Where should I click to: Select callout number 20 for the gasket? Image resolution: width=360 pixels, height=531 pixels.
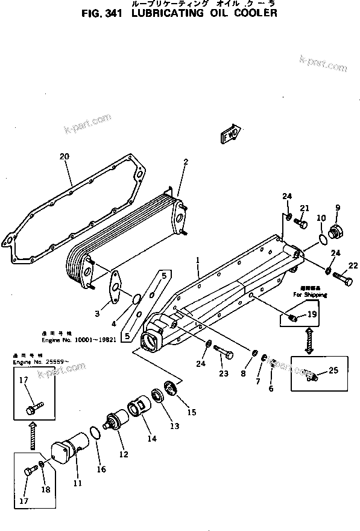pos(65,156)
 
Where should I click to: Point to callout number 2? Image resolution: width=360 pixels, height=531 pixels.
pos(186,161)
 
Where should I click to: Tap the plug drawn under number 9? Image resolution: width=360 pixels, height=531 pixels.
pos(337,232)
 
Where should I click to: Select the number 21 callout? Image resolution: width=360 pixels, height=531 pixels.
pos(305,209)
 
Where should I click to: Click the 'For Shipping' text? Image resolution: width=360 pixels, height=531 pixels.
pos(311,295)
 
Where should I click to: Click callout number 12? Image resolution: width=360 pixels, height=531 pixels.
pos(123,454)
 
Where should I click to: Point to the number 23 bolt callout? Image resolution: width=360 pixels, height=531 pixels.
pos(224,374)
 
